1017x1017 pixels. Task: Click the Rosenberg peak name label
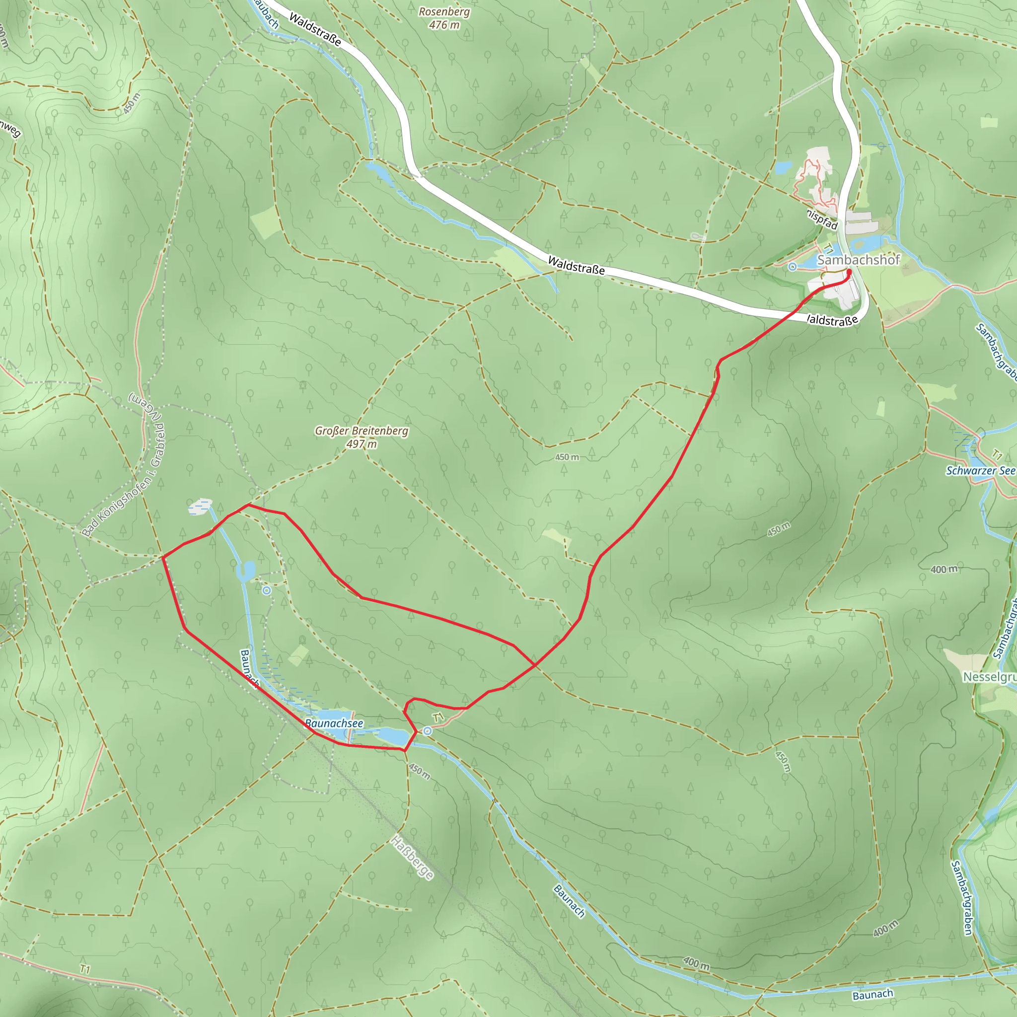click(x=444, y=11)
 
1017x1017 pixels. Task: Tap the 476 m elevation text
click(x=444, y=25)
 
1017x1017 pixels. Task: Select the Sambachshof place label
click(x=858, y=260)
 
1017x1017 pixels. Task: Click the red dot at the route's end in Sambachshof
click(x=849, y=272)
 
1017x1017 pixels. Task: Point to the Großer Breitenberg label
click(x=362, y=431)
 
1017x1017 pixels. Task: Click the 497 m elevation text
click(x=362, y=444)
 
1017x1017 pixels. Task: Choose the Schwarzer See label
click(x=980, y=471)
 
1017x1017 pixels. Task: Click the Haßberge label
click(x=412, y=858)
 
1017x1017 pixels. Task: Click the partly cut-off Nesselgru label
click(x=990, y=677)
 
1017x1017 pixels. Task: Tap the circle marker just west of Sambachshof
click(x=792, y=267)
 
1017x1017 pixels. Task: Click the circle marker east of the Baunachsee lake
click(x=428, y=730)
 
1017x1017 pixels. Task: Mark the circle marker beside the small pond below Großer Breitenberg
click(x=267, y=590)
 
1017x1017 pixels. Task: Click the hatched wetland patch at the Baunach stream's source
click(x=200, y=507)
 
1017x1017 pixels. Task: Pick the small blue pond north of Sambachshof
click(x=783, y=168)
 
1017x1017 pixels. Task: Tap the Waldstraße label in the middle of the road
click(x=576, y=265)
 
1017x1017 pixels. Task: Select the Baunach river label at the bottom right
click(x=873, y=994)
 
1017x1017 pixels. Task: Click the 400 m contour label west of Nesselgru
click(x=944, y=569)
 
